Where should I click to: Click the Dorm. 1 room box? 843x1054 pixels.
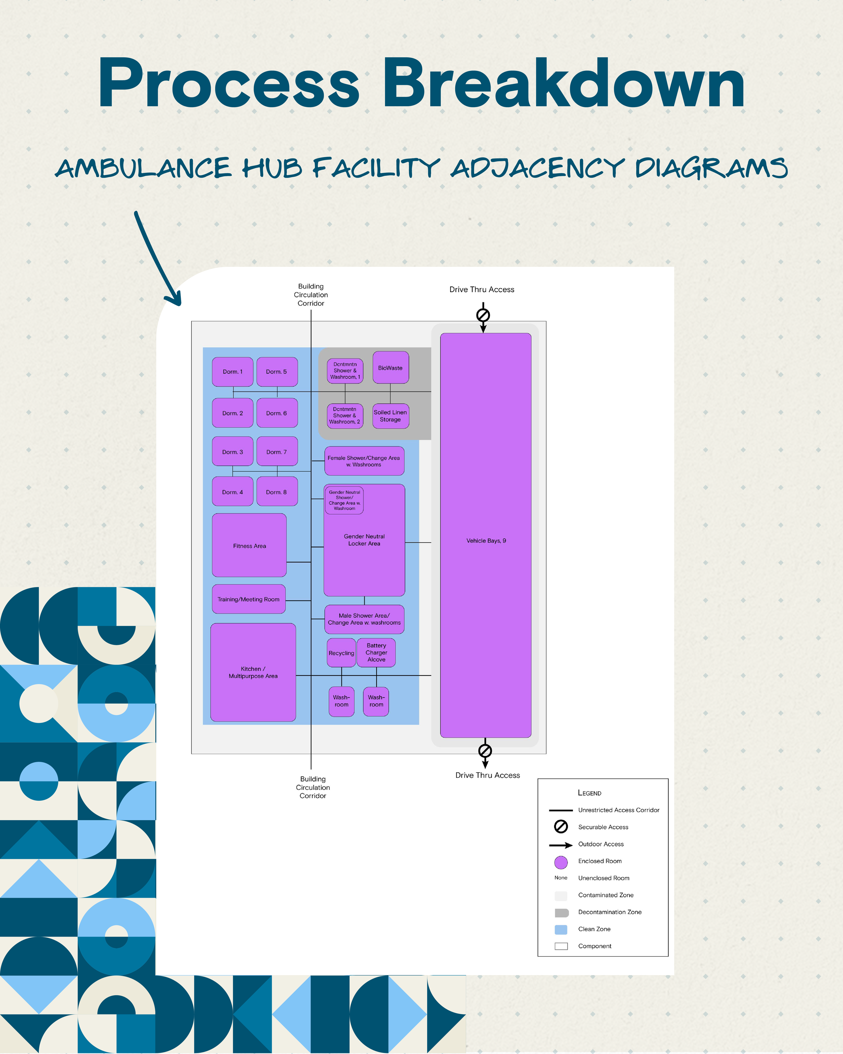click(x=233, y=372)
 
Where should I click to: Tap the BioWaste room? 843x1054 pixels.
click(x=390, y=368)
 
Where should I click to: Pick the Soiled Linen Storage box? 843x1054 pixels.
click(x=390, y=416)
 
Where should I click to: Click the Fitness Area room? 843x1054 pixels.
click(x=249, y=546)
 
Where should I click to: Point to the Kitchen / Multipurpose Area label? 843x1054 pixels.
click(x=253, y=673)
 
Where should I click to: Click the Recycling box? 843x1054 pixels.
click(x=341, y=653)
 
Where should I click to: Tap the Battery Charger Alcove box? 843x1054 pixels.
click(x=376, y=653)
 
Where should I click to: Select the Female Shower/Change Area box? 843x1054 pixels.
click(x=364, y=461)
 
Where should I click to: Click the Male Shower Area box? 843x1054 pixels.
click(x=364, y=619)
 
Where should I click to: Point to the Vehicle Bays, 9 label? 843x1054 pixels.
click(x=486, y=541)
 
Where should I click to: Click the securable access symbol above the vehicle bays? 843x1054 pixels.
click(x=483, y=315)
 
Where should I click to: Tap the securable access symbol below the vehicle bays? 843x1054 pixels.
click(x=485, y=751)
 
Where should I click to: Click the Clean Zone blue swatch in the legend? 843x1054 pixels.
click(x=561, y=929)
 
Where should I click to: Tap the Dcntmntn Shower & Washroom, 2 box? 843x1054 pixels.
click(x=345, y=416)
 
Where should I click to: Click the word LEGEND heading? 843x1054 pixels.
click(x=589, y=793)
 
